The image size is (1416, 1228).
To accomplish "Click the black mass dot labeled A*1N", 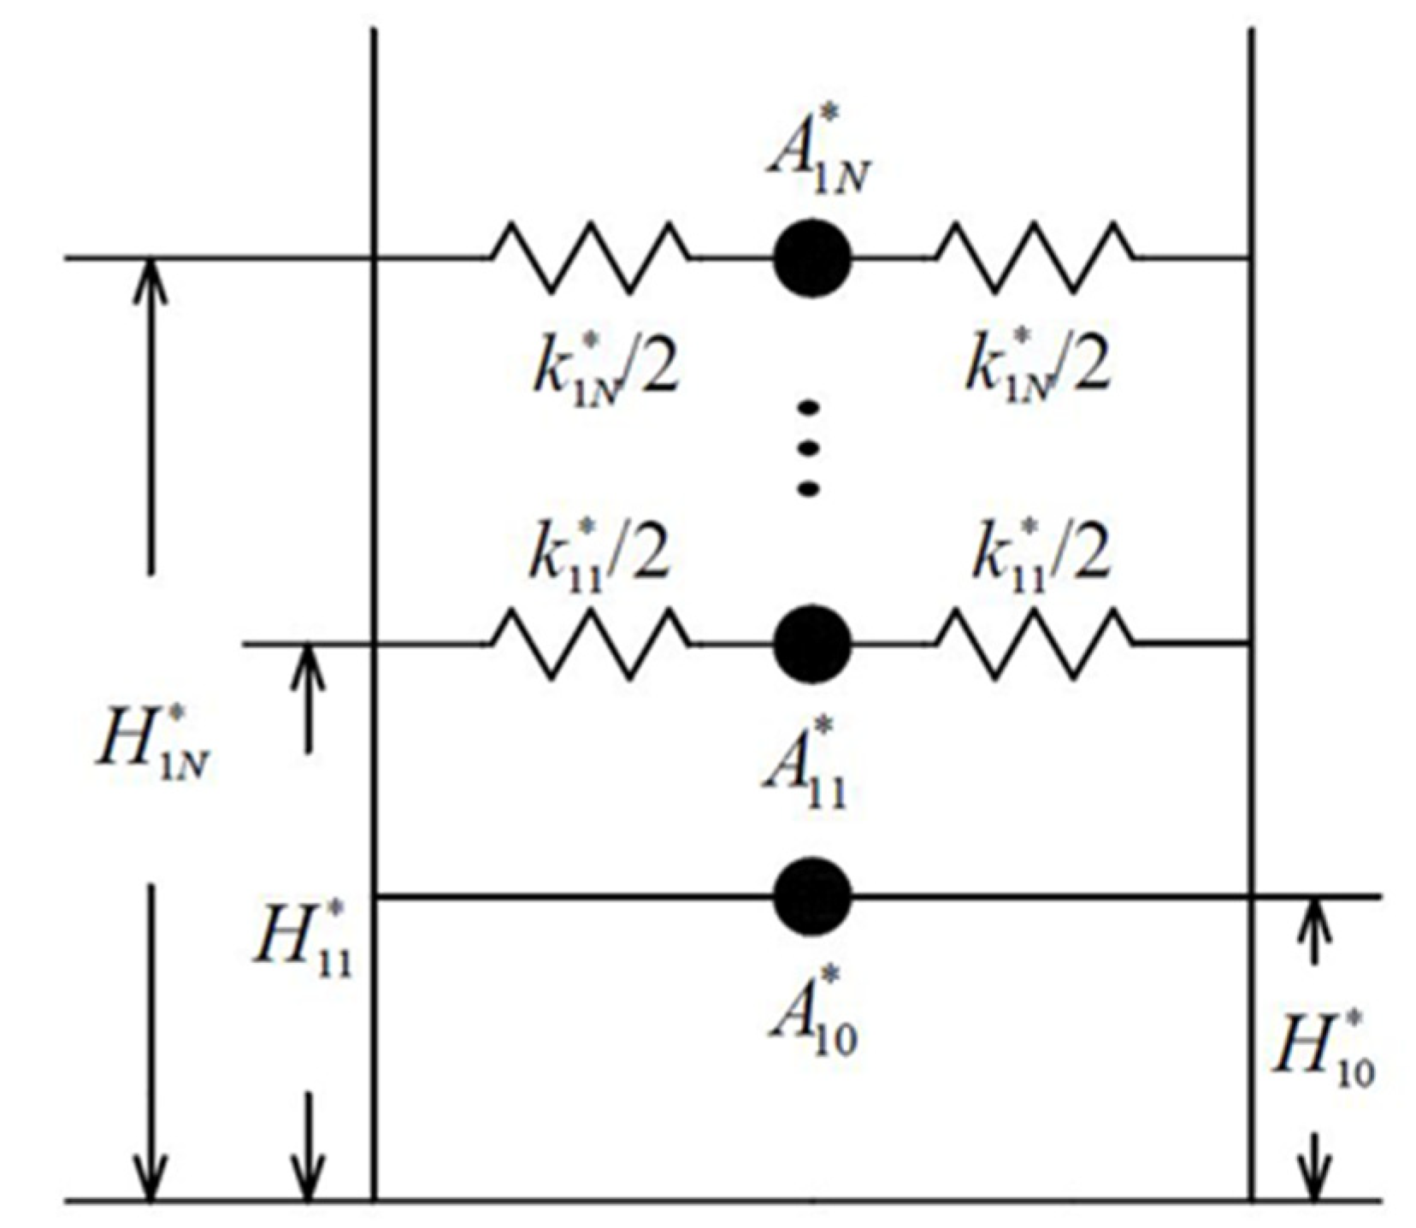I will (811, 257).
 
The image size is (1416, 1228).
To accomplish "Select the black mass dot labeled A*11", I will (811, 644).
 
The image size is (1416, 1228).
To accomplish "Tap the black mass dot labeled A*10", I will (811, 895).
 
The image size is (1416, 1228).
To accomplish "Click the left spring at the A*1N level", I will (590, 257).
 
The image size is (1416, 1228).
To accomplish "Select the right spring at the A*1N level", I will (1036, 257).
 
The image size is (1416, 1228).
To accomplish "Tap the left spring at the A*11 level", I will (590, 644).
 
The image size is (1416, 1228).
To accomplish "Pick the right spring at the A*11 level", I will (1036, 644).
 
